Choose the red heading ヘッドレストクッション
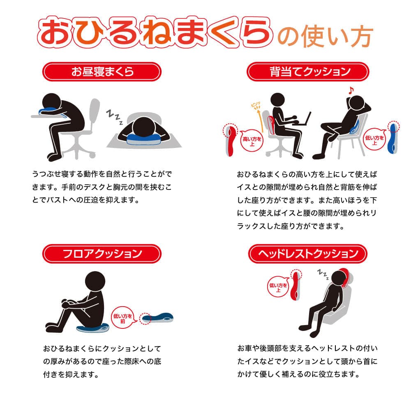(308, 254)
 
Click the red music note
(351, 90)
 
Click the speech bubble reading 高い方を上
(252, 141)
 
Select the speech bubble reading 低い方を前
(123, 318)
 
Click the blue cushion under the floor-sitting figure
(92, 328)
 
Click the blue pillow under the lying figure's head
(143, 138)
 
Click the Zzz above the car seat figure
(323, 274)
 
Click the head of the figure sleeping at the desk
(52, 103)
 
